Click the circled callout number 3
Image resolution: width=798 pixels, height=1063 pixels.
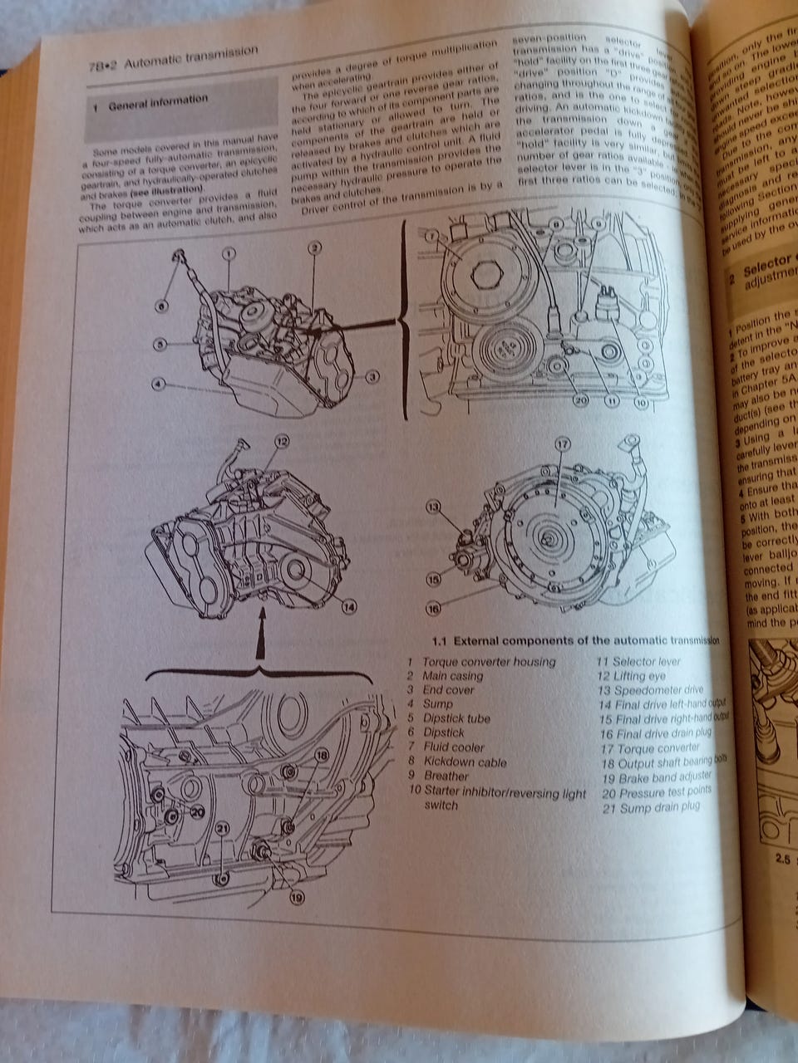pyautogui.click(x=372, y=376)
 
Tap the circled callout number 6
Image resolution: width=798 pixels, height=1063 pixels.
pyautogui.click(x=161, y=306)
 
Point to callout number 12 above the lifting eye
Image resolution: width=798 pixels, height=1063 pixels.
pyautogui.click(x=282, y=442)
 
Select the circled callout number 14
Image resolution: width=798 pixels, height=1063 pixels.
pyautogui.click(x=348, y=607)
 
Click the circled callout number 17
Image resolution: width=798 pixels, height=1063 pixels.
pyautogui.click(x=562, y=445)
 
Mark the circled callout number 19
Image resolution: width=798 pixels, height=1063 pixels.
pyautogui.click(x=298, y=896)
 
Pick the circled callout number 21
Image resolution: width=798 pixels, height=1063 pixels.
pyautogui.click(x=222, y=828)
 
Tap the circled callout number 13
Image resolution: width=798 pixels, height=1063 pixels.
pyautogui.click(x=433, y=506)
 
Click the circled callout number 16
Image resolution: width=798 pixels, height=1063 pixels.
pyautogui.click(x=433, y=608)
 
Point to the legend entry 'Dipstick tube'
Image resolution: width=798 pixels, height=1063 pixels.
pyautogui.click(x=456, y=718)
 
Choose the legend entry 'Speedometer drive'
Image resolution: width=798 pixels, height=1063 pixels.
pyautogui.click(x=658, y=690)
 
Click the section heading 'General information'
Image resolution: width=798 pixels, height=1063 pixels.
pyautogui.click(x=158, y=100)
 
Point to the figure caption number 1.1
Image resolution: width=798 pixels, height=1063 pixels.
pyautogui.click(x=441, y=641)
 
